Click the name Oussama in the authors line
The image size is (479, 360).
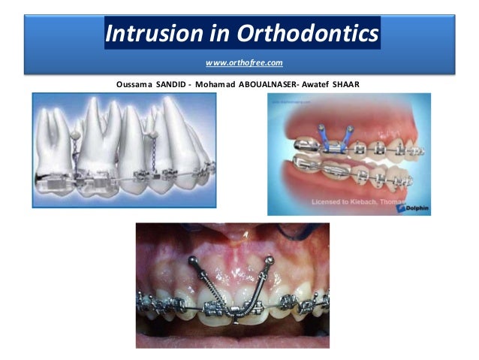136,83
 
